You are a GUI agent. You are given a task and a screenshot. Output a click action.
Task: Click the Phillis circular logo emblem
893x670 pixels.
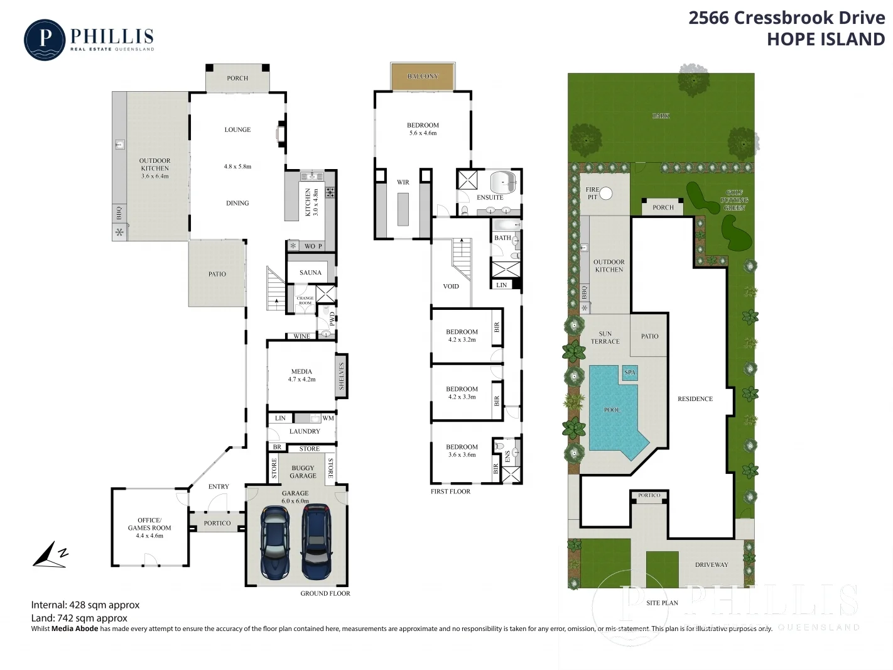45,40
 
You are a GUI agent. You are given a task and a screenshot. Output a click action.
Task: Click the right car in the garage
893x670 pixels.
317,542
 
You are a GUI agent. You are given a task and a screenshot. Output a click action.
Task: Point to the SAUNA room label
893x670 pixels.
310,273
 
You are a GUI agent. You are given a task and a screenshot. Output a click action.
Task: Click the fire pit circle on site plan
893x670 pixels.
606,194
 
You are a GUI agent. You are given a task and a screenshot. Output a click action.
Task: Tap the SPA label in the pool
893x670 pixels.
630,373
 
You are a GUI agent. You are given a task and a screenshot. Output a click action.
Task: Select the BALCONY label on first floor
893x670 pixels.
423,77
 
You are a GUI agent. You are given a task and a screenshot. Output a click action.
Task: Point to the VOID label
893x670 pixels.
451,287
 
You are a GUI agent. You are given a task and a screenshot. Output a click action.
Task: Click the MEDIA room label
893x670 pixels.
301,371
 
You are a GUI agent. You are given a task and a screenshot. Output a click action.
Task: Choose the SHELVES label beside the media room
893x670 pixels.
342,376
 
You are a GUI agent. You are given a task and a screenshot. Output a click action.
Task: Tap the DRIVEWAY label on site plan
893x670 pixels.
712,565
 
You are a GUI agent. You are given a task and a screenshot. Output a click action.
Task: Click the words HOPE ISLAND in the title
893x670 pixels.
825,40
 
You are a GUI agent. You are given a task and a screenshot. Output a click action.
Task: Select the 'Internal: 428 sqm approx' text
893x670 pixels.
85,605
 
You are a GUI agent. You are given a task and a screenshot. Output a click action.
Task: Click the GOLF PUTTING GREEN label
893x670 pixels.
734,200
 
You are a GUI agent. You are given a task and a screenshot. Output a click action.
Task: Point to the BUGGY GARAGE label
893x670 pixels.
303,472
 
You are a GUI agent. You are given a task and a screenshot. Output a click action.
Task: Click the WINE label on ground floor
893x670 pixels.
302,336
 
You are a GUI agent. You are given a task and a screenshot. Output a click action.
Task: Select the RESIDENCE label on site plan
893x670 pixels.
695,399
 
